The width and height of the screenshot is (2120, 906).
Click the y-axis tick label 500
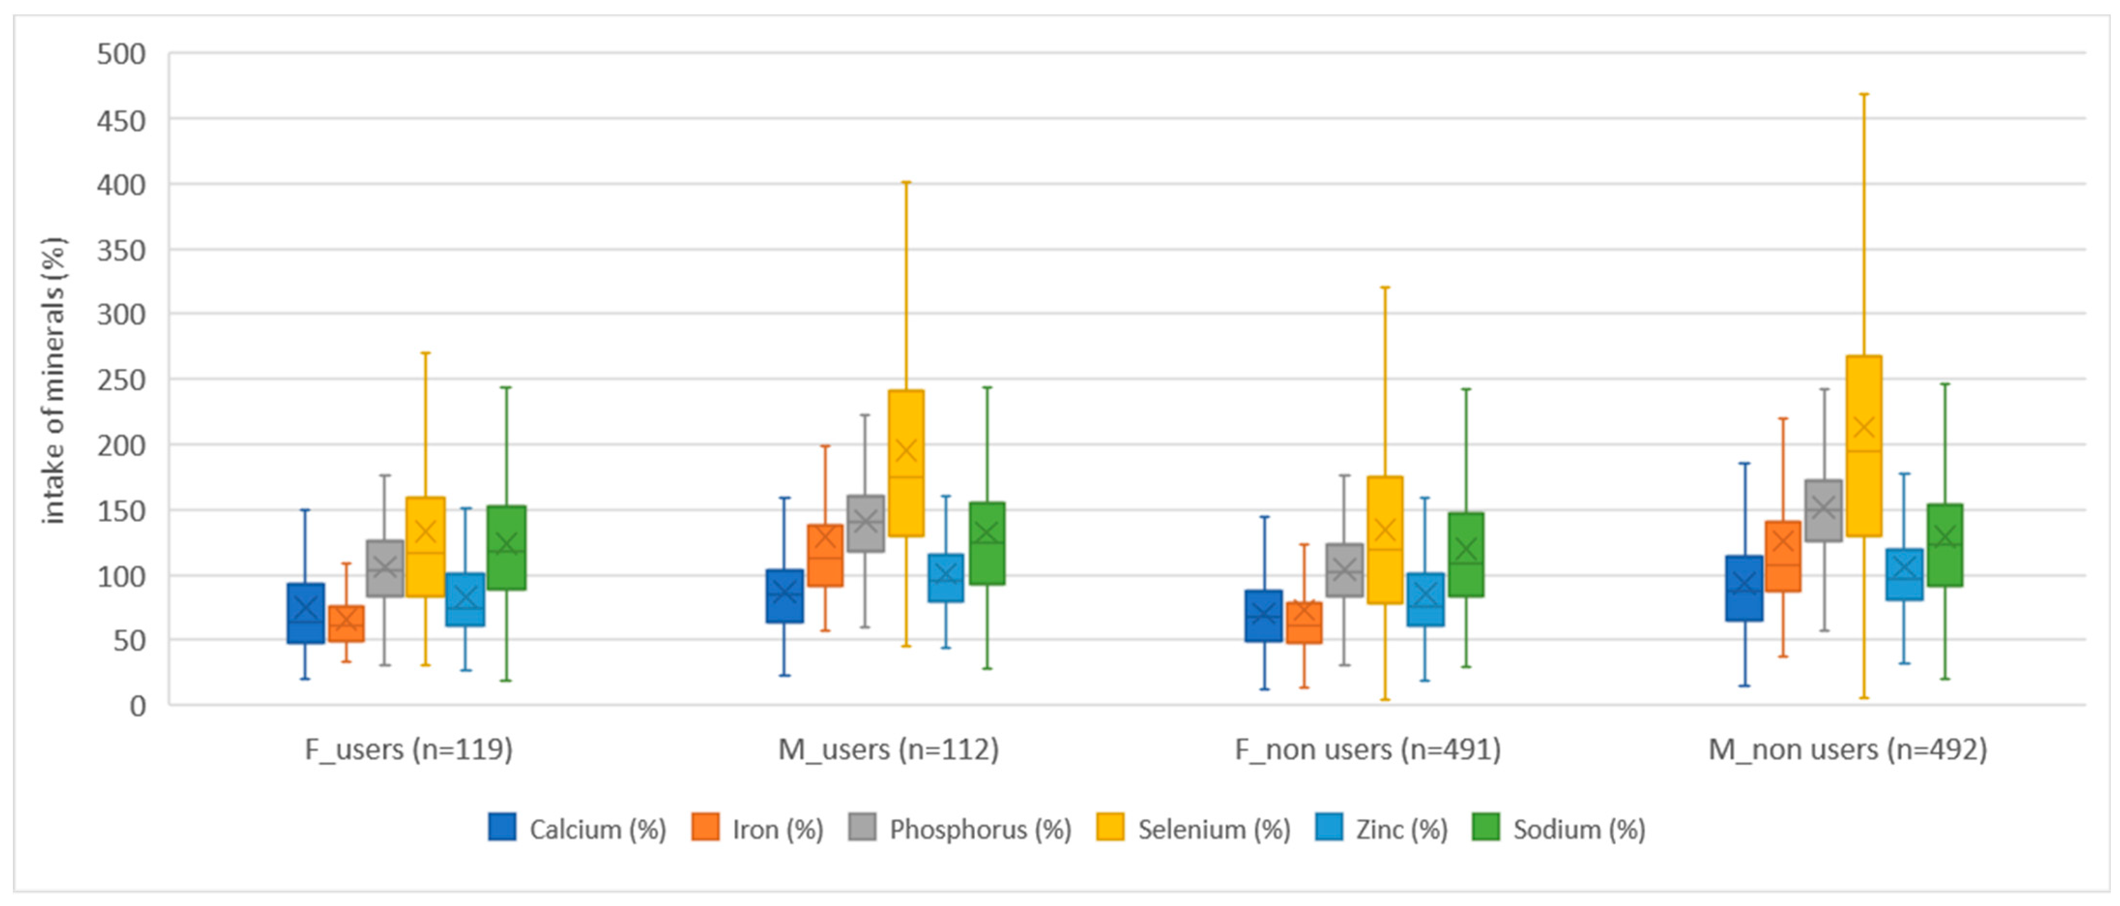[121, 54]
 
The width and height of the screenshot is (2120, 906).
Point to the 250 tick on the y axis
[121, 380]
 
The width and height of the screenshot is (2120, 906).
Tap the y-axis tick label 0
[137, 706]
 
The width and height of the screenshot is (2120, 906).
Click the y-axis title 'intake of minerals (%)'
[54, 380]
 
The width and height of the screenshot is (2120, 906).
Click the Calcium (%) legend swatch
[502, 828]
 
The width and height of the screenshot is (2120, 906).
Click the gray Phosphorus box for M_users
[865, 524]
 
